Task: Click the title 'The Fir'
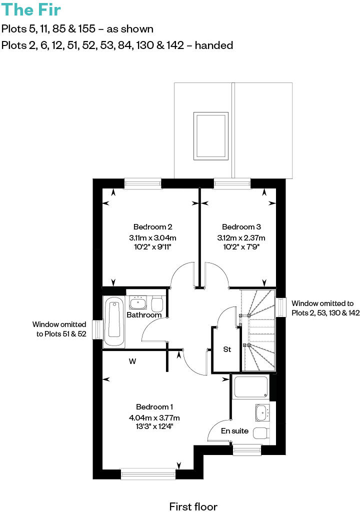(x=31, y=10)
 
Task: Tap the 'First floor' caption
(x=193, y=506)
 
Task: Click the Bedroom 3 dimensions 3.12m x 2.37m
(x=241, y=237)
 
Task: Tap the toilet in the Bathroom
(x=157, y=304)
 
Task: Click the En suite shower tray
(x=251, y=387)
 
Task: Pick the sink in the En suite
(x=262, y=412)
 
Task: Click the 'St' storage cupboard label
(x=227, y=349)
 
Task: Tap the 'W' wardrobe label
(x=132, y=360)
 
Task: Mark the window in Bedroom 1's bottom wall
(x=148, y=473)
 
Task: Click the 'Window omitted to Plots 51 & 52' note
(x=59, y=329)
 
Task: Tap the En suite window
(x=247, y=450)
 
